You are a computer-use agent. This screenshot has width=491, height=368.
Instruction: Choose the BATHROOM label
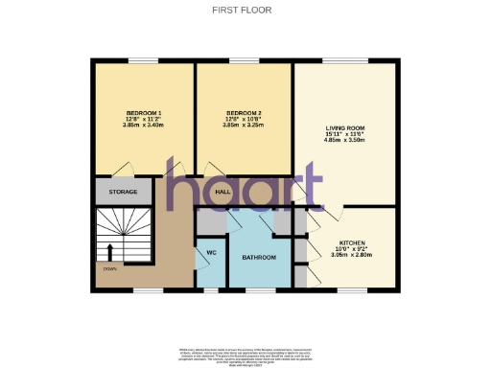tap(259, 258)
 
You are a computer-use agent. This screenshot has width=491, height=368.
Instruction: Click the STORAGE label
tap(123, 193)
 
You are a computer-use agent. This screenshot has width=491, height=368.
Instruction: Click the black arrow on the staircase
tap(108, 252)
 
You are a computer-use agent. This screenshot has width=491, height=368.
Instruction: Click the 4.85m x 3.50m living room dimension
tap(346, 140)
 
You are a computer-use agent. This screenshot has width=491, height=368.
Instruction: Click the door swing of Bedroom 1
tap(121, 169)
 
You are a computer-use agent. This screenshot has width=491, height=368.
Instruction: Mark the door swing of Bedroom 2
tap(220, 169)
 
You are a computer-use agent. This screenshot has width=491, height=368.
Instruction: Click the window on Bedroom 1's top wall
tap(143, 62)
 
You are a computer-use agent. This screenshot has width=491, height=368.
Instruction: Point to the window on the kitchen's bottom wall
tap(349, 289)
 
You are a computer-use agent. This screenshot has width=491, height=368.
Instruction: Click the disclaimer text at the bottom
tap(245, 354)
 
